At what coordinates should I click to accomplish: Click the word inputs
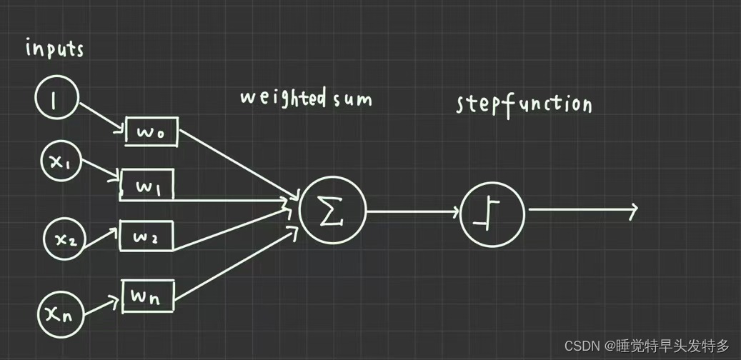click(55, 49)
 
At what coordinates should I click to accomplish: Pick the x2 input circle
click(66, 239)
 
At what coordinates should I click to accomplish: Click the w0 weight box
click(151, 132)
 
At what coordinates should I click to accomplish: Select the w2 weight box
click(146, 236)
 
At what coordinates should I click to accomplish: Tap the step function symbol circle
click(492, 213)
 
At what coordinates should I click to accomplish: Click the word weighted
click(283, 98)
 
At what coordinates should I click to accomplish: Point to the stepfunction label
click(524, 105)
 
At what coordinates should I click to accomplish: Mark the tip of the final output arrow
click(635, 209)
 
